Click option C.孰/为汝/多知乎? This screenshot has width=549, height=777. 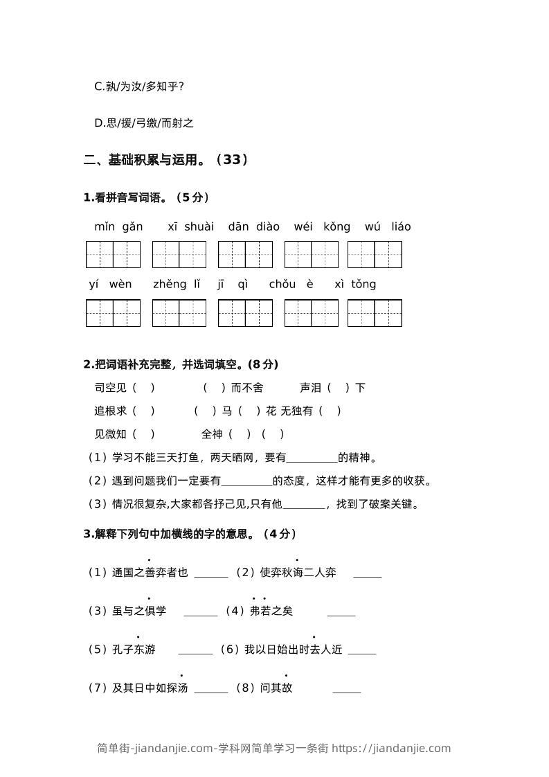[x=138, y=87]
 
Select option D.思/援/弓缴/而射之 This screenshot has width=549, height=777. [x=143, y=123]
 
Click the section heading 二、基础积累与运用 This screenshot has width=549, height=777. [x=165, y=160]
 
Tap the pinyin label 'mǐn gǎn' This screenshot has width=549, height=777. [x=118, y=226]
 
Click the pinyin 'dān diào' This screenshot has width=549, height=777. [x=253, y=226]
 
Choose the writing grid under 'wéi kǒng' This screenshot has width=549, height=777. [x=311, y=254]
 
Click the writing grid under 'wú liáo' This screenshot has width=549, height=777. [x=375, y=254]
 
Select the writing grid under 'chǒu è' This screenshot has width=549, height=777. [x=311, y=312]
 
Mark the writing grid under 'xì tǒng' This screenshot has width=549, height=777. [x=375, y=312]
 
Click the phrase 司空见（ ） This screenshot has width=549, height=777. [x=125, y=388]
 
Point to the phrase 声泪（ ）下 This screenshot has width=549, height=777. [x=332, y=388]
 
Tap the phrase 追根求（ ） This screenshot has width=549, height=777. [x=125, y=411]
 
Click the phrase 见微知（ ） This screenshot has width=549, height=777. [x=125, y=434]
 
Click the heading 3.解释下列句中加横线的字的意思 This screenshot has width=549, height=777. [x=190, y=533]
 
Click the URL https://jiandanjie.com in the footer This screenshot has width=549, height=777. [x=391, y=748]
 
